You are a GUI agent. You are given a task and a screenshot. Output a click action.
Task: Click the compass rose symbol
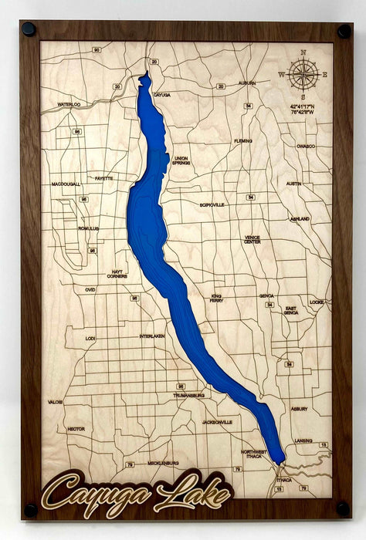pos(303,74)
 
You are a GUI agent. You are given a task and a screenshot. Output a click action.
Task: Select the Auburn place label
pos(247,83)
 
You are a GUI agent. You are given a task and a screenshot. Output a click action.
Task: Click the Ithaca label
pos(284,479)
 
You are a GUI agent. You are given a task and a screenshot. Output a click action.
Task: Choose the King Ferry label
pos(222,298)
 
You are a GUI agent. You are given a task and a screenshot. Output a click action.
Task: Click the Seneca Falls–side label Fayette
pos(103,178)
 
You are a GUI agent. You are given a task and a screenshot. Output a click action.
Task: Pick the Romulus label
pos(89,228)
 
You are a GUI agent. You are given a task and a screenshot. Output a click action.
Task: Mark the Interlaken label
pos(152,336)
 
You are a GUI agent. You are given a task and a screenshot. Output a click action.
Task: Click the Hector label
pos(76,429)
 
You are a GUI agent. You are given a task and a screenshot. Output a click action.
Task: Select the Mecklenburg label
pos(162,463)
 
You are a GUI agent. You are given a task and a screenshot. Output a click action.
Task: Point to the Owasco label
pos(306,146)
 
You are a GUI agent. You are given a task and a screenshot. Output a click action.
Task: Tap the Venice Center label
pos(252,239)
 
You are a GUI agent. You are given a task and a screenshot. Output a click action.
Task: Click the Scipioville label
pos(212,205)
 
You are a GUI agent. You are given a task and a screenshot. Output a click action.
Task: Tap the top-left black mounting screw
pos(29,29)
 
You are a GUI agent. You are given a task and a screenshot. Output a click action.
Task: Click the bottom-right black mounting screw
pos(343,508)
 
